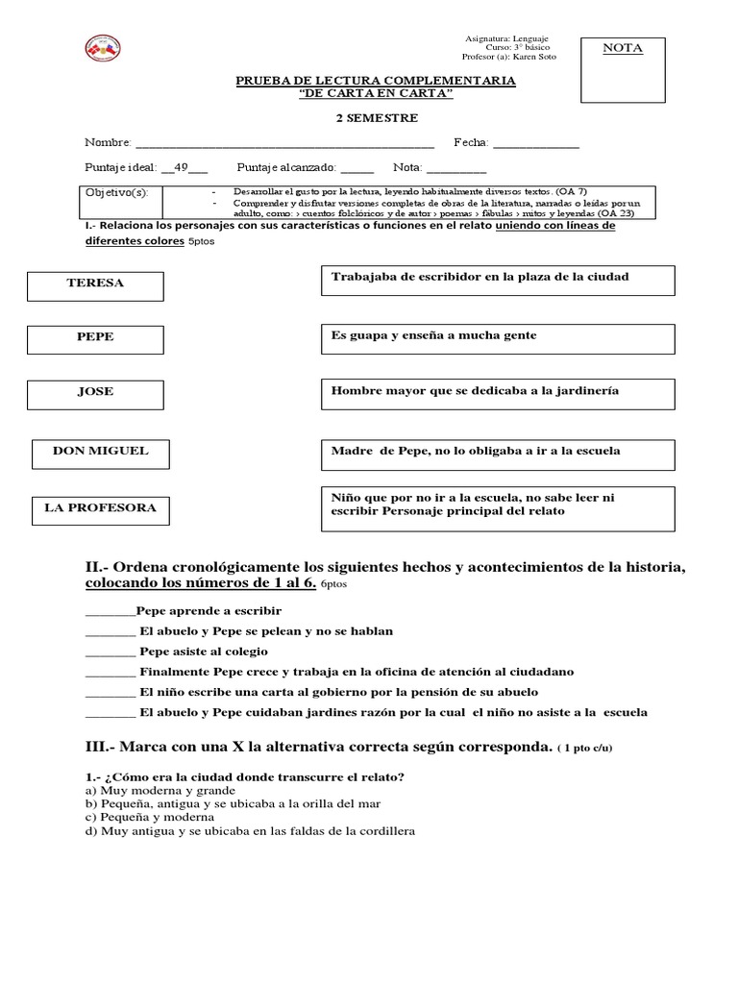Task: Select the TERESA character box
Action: click(95, 284)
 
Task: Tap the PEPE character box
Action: click(95, 338)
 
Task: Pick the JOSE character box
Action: click(95, 393)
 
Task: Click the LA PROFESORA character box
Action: click(100, 509)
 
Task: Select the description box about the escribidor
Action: click(495, 281)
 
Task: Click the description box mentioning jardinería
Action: click(495, 393)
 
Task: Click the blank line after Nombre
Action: click(284, 144)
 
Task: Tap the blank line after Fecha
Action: click(535, 144)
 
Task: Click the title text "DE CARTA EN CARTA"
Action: click(376, 93)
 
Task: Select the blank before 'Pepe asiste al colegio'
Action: click(110, 652)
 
